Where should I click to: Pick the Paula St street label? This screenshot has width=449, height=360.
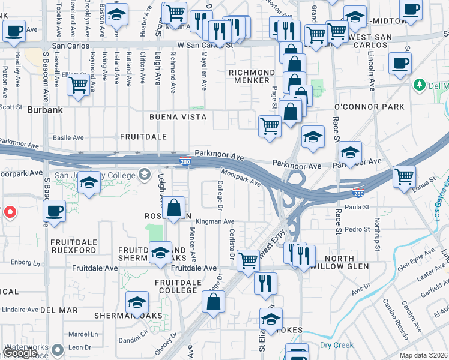point(357,207)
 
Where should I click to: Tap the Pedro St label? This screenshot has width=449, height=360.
point(357,229)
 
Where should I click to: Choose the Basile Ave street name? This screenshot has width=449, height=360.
point(68,137)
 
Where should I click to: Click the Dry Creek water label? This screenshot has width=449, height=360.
point(336,345)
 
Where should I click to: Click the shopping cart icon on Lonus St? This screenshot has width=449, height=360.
point(405,176)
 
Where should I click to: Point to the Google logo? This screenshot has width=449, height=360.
point(19,353)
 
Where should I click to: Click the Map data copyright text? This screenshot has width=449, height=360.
point(424,355)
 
